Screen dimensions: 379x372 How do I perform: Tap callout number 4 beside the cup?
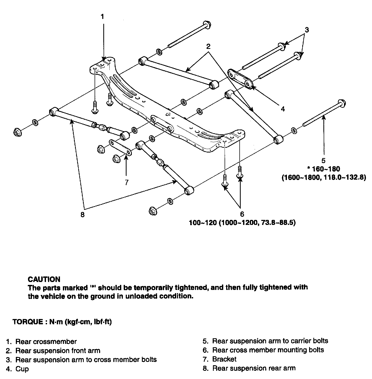(283, 109)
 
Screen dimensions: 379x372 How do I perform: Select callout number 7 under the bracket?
(127, 182)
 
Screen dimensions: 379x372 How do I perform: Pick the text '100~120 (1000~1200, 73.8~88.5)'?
(242, 223)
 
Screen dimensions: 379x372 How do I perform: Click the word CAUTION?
(44, 279)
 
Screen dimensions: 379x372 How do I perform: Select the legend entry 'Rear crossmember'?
(46, 342)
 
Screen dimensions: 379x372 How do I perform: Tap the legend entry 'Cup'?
(22, 369)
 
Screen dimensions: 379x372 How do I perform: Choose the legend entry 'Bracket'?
(224, 359)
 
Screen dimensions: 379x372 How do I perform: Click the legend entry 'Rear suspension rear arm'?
(254, 368)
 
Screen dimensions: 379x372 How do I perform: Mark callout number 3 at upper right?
(306, 30)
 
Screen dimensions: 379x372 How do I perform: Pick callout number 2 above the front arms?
(208, 47)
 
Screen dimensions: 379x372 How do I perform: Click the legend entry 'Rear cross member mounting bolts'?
(268, 350)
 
